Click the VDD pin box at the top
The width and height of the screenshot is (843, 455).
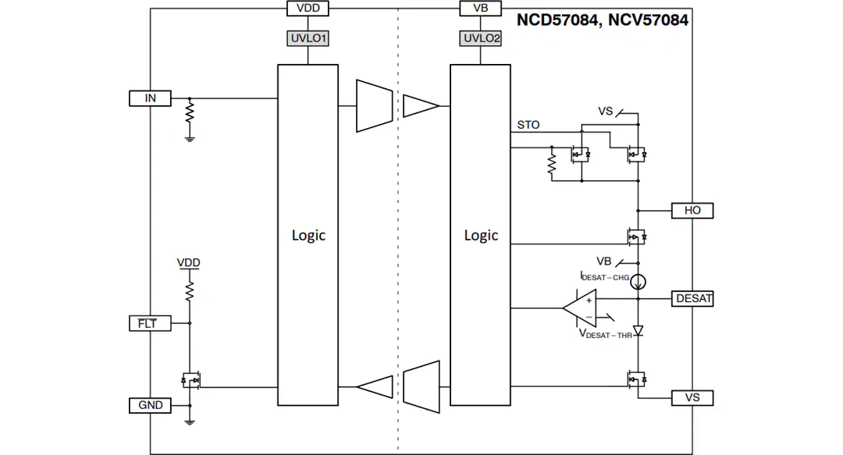pyautogui.click(x=308, y=8)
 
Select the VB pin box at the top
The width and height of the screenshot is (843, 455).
pyautogui.click(x=481, y=8)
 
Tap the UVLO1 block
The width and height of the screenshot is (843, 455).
pyautogui.click(x=308, y=38)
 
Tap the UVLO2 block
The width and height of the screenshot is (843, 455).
pyautogui.click(x=481, y=38)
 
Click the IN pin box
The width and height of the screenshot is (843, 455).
pyautogui.click(x=150, y=98)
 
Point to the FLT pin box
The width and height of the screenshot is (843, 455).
pyautogui.click(x=150, y=323)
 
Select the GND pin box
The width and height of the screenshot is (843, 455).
pyautogui.click(x=150, y=405)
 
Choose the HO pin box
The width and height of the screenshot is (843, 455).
pyautogui.click(x=692, y=210)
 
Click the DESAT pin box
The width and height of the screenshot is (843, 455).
pyautogui.click(x=692, y=298)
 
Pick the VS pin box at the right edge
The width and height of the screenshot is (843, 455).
pyautogui.click(x=692, y=398)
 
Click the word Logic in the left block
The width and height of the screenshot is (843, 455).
pyautogui.click(x=308, y=236)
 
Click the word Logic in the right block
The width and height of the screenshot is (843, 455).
pyautogui.click(x=481, y=236)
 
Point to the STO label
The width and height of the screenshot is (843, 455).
pyautogui.click(x=528, y=125)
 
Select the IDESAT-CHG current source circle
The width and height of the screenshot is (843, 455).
pyautogui.click(x=638, y=281)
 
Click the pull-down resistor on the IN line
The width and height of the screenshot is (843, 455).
pyautogui.click(x=189, y=113)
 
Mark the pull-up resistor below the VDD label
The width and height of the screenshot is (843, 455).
pyautogui.click(x=189, y=291)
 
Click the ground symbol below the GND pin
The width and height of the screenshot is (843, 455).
pyautogui.click(x=189, y=422)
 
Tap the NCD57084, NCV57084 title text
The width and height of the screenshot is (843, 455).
pyautogui.click(x=602, y=20)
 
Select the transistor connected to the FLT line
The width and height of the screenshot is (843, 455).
pyautogui.click(x=191, y=380)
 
